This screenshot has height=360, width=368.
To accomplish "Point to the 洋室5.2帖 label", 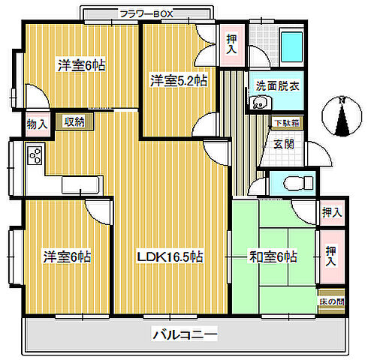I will (179, 80).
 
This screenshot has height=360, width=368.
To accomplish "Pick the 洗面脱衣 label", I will (277, 85).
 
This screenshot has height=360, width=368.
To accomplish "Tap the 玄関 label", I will (283, 144).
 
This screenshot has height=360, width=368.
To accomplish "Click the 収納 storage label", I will (74, 122).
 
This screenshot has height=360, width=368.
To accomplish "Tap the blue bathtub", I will (290, 48).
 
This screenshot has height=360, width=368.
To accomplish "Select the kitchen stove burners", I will (35, 155).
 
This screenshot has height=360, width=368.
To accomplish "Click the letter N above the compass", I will (341, 100).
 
